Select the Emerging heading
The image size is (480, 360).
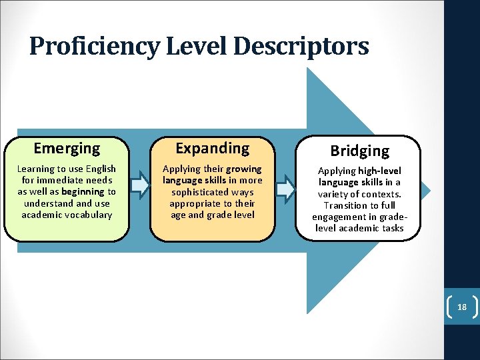click(x=67, y=148)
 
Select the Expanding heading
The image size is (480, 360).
click(x=212, y=148)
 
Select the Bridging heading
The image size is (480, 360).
click(x=359, y=151)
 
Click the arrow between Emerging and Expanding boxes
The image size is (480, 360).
click(x=139, y=184)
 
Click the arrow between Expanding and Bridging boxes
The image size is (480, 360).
click(x=285, y=189)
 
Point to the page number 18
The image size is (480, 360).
click(x=461, y=307)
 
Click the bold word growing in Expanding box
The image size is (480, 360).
click(x=244, y=169)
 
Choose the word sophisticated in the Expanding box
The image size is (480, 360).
click(x=212, y=192)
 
